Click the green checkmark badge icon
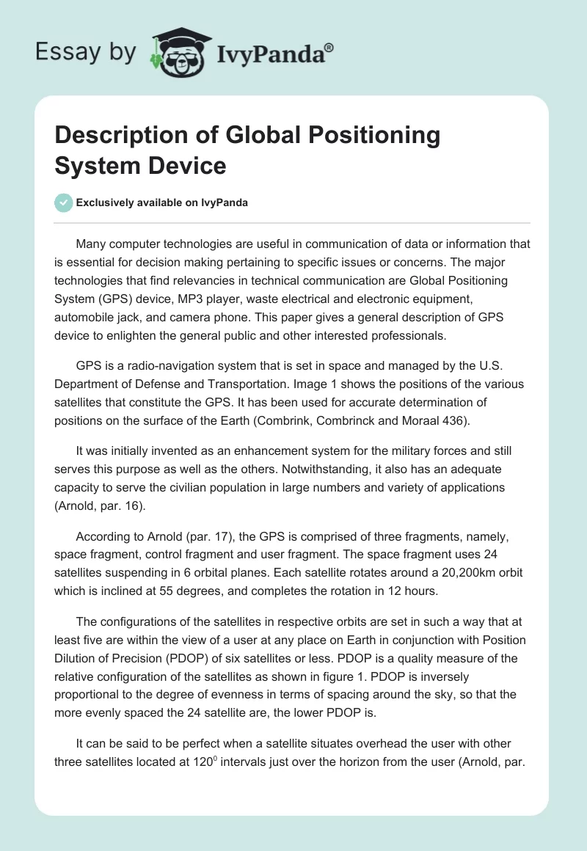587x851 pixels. coord(64,202)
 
